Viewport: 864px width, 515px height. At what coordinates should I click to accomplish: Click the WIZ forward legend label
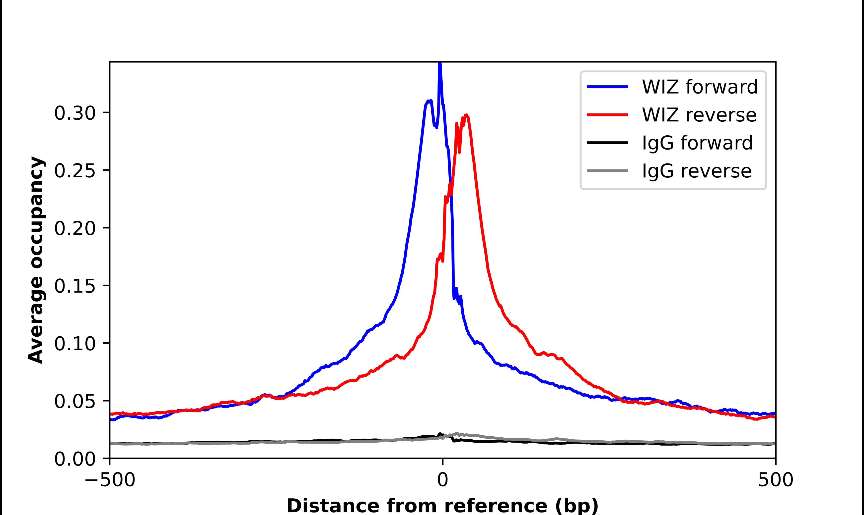pos(699,87)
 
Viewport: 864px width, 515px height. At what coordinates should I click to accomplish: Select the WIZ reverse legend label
pos(699,115)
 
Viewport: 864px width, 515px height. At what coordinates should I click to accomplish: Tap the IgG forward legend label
pos(697,143)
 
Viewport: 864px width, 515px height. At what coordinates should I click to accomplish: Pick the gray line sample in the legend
pos(607,171)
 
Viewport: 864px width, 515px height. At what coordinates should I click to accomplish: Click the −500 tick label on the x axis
pos(110,481)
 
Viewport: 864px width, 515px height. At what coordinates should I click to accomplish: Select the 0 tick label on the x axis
pos(442,481)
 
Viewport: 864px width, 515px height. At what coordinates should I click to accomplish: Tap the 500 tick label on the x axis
pos(775,481)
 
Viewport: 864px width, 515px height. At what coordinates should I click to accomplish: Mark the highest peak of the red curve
pos(466,115)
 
